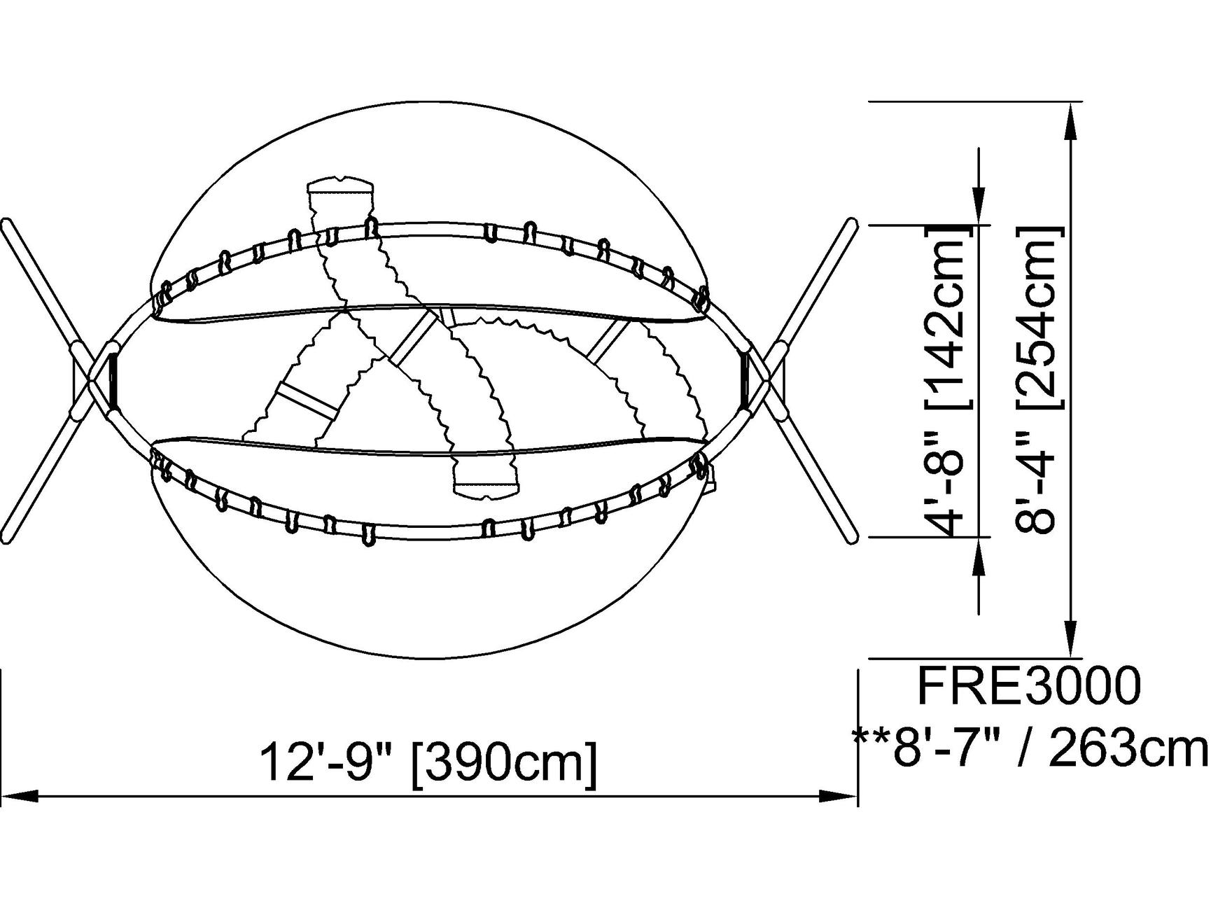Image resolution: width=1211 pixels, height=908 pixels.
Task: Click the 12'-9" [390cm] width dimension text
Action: (x=428, y=762)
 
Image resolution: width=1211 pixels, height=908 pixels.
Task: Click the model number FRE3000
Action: (x=1029, y=686)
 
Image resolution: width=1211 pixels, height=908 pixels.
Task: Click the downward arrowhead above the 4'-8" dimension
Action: (x=979, y=207)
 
